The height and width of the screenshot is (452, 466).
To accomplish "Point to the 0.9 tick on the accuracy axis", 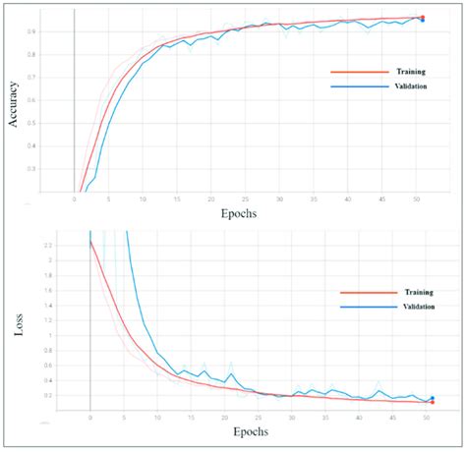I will tap(62, 31).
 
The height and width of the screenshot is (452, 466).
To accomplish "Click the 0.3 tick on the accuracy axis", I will tap(62, 169).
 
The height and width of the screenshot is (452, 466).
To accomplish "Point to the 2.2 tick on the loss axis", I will tap(75, 245).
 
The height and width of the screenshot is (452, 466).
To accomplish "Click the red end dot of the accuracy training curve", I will tap(422, 17).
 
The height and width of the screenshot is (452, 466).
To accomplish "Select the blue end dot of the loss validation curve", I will tap(432, 397).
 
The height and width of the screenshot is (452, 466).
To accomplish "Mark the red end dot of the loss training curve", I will tap(432, 402).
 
